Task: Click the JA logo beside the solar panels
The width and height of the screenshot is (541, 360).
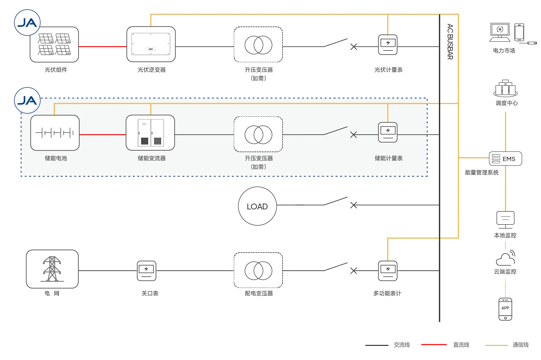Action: point(27,23)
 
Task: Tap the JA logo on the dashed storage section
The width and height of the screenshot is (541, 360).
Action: point(27,100)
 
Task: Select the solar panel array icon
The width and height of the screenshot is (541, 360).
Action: point(55,44)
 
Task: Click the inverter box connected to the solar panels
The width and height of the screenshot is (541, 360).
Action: point(151,44)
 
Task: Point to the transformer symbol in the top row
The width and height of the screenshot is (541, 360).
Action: point(258,45)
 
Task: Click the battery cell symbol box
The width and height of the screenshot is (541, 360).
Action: point(55,133)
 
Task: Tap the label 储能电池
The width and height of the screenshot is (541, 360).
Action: point(56,158)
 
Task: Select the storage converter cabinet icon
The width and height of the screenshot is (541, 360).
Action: point(150,133)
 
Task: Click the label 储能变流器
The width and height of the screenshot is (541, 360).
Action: point(152,158)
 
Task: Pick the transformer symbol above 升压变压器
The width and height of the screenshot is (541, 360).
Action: point(258,134)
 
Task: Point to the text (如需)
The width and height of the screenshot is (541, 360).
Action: point(258,167)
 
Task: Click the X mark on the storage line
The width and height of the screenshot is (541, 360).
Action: point(353,135)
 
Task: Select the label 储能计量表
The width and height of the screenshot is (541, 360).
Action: point(388,158)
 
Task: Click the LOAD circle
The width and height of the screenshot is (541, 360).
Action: point(257,206)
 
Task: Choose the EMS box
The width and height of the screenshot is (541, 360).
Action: point(505,159)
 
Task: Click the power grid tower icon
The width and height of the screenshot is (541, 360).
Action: point(52,269)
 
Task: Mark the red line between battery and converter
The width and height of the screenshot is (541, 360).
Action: point(103,135)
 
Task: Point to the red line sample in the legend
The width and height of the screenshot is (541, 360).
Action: point(433,345)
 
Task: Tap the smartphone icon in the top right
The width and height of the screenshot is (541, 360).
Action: point(519,32)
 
